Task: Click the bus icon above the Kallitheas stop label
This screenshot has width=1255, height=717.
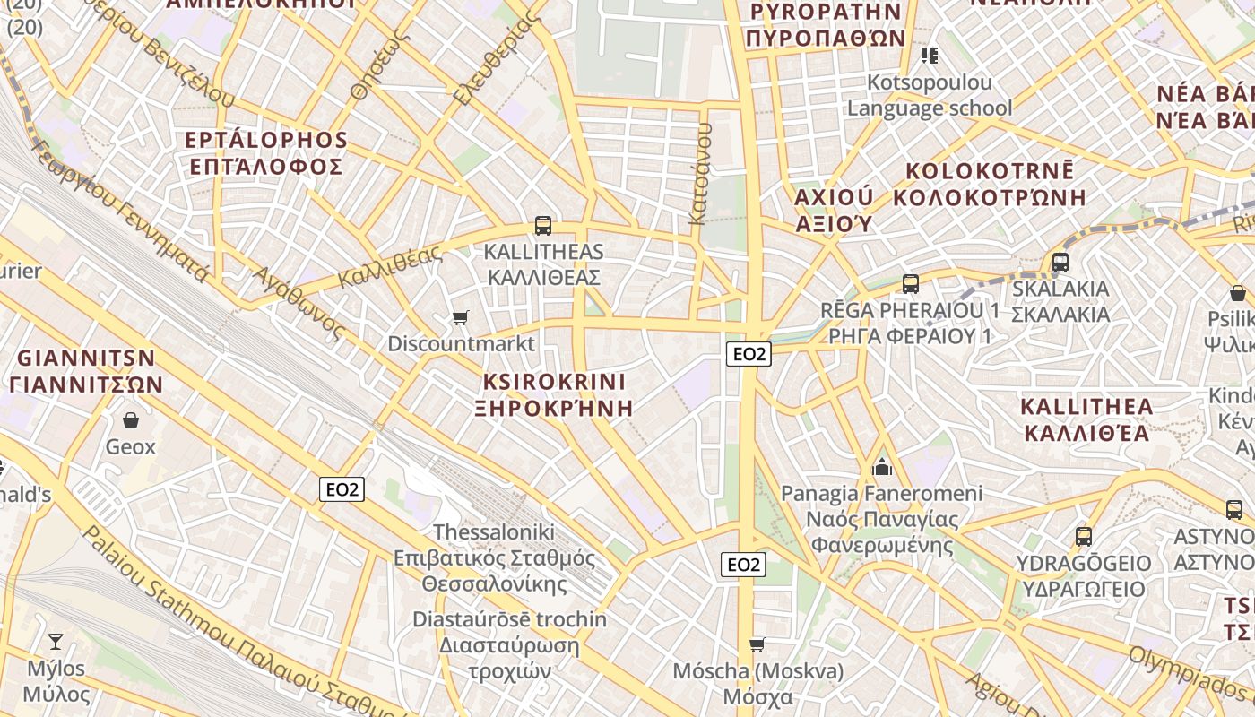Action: tap(542, 226)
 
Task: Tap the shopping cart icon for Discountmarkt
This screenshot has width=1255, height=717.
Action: tap(461, 317)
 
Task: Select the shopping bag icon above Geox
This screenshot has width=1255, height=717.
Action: tap(131, 419)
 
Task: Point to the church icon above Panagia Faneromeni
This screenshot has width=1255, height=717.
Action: tap(882, 467)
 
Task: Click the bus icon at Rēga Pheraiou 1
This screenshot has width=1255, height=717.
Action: tap(911, 284)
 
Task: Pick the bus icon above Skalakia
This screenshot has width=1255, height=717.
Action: tap(1060, 263)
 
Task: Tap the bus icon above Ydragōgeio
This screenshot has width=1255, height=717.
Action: tap(1084, 537)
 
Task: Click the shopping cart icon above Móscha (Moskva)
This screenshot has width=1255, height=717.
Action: tap(757, 644)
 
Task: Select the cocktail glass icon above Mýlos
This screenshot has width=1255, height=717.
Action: tap(56, 641)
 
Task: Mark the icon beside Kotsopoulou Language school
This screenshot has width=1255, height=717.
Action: tap(930, 56)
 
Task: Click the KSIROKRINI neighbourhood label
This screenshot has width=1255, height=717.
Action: tap(554, 382)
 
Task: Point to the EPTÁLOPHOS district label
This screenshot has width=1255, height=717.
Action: tap(266, 141)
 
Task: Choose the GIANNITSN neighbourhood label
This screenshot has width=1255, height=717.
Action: tap(86, 358)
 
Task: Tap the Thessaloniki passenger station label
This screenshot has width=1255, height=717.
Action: tap(494, 557)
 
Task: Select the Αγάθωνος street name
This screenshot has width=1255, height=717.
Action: tap(299, 303)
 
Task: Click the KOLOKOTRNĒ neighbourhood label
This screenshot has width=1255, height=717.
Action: tap(990, 171)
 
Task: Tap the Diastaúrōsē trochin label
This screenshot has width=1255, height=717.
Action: tap(509, 619)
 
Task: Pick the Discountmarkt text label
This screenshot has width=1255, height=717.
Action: tap(461, 343)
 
